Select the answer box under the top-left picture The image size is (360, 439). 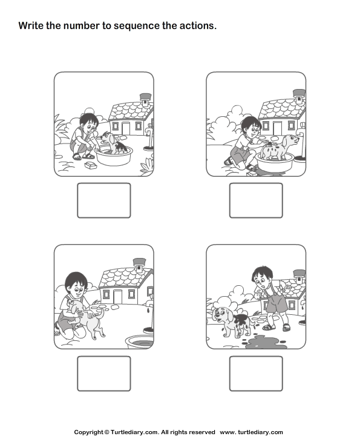point(103,200)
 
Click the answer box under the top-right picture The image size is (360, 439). point(256,200)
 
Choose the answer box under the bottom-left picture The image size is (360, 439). point(103,374)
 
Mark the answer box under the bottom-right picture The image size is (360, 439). point(256,374)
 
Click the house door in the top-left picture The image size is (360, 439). point(126,129)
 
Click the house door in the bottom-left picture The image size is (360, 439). point(116,295)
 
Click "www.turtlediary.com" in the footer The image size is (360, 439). point(251,432)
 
